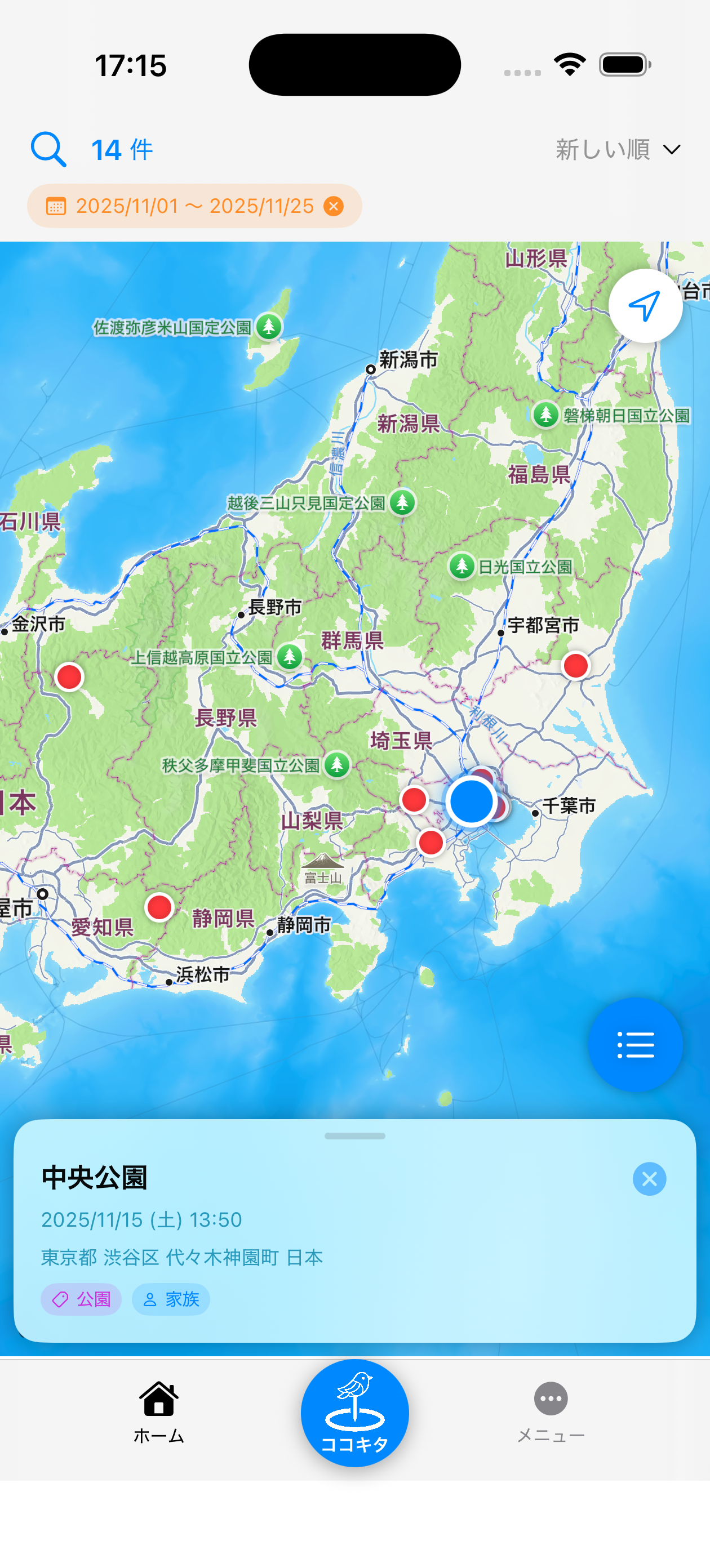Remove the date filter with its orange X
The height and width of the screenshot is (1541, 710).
point(334,206)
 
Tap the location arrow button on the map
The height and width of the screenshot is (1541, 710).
point(645,306)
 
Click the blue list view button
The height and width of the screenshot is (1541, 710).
point(634,1044)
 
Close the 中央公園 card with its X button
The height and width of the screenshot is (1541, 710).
point(649,1178)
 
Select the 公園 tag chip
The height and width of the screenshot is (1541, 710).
point(81,1299)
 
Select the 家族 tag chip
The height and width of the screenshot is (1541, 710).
point(171,1299)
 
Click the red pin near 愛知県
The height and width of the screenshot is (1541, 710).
point(159,907)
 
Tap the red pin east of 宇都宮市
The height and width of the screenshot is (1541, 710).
point(575,665)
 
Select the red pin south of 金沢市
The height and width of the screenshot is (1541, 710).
point(69,676)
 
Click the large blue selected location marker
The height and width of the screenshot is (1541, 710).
point(471,801)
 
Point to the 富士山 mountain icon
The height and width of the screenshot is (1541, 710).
point(323,861)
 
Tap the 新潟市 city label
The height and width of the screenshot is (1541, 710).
point(409,360)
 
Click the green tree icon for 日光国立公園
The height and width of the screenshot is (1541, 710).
point(461,566)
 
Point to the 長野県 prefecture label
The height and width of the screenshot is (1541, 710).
point(226,717)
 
